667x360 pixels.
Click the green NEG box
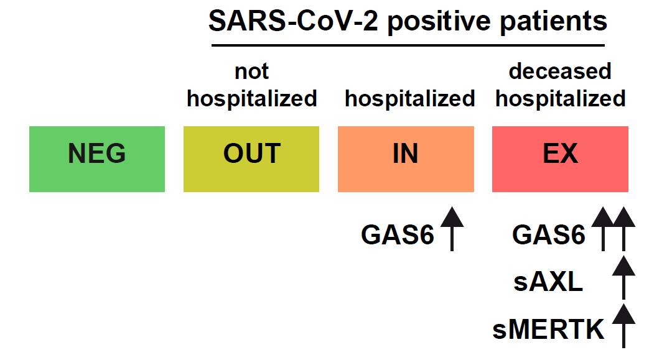(97, 159)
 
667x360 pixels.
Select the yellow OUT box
(251, 159)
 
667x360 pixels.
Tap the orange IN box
(406, 159)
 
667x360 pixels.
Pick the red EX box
(560, 159)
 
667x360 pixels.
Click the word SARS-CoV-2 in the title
(293, 21)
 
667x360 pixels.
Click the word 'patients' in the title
(553, 21)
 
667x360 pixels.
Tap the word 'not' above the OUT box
(252, 72)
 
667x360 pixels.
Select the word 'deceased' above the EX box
(560, 71)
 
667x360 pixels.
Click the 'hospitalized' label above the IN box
(409, 99)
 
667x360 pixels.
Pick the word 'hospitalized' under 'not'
(252, 99)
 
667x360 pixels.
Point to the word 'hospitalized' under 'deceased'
(560, 99)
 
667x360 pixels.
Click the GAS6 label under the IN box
(398, 234)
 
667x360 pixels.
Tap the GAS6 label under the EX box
(549, 234)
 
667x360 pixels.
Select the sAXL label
(548, 282)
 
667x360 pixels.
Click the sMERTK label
(548, 330)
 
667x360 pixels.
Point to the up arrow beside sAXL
(623, 277)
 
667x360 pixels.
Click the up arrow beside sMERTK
(623, 326)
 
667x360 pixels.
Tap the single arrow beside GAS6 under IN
(452, 229)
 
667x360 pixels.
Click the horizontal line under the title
(408, 45)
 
